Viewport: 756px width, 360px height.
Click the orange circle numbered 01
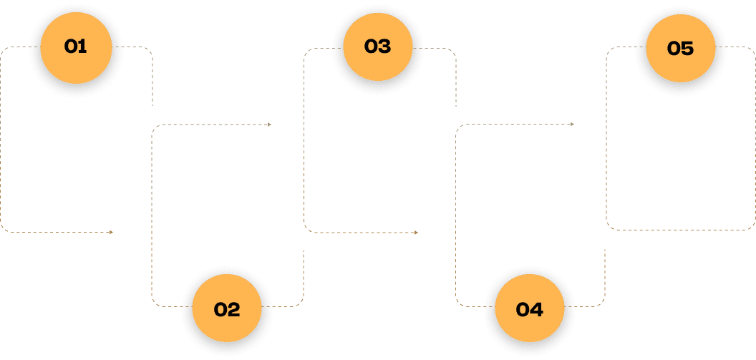75,47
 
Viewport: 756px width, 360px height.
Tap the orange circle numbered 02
226,309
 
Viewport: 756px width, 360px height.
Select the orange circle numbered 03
377,47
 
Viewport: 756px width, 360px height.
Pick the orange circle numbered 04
529,309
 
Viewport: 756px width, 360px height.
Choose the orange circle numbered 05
680,48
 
